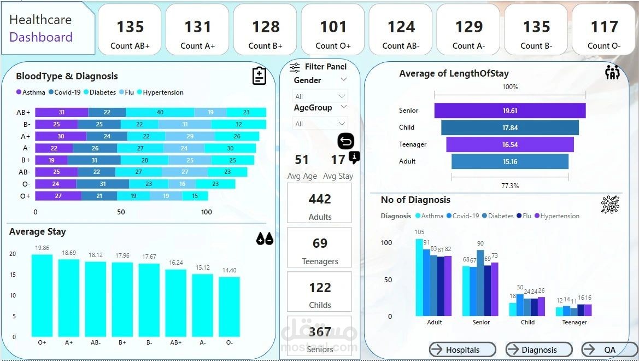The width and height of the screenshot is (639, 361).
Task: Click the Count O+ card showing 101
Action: pyautogui.click(x=333, y=30)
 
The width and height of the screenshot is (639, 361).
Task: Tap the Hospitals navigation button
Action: pyautogui.click(x=462, y=350)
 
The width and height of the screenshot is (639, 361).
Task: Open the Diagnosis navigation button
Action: pyautogui.click(x=539, y=350)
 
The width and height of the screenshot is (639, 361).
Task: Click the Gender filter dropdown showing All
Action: pyautogui.click(x=320, y=96)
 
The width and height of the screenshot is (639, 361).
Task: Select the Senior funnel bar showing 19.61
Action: pyautogui.click(x=509, y=110)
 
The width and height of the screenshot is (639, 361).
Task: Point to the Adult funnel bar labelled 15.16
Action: pyautogui.click(x=509, y=161)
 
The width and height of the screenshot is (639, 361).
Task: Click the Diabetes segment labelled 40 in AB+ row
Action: pyautogui.click(x=159, y=112)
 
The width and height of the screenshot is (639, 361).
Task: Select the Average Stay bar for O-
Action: pyautogui.click(x=229, y=306)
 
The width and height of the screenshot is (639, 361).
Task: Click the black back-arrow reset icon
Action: pyautogui.click(x=345, y=142)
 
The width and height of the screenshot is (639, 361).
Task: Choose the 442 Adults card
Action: pyautogui.click(x=320, y=203)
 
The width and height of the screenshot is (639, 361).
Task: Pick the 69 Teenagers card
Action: pyautogui.click(x=320, y=247)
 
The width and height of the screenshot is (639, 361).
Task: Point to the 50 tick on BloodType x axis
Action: pyautogui.click(x=121, y=212)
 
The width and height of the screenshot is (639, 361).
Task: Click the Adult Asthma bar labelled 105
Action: pyautogui.click(x=419, y=277)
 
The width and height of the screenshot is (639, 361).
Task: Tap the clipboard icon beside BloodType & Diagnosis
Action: pyautogui.click(x=259, y=76)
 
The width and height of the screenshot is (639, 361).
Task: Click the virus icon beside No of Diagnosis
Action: pyautogui.click(x=610, y=203)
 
